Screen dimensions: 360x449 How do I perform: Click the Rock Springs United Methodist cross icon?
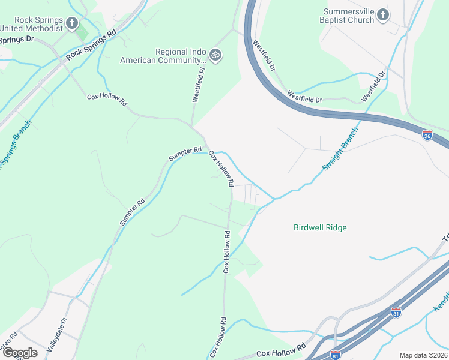pyautogui.click(x=72, y=23)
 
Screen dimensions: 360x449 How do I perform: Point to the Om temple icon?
pyautogui.click(x=215, y=56)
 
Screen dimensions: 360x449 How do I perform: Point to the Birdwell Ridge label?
pyautogui.click(x=320, y=227)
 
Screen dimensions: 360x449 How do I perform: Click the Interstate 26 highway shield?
pyautogui.click(x=427, y=135)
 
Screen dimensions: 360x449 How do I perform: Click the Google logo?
pyautogui.click(x=19, y=353)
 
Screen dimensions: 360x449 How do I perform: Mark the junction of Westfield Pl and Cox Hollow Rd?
pyautogui.click(x=192, y=125)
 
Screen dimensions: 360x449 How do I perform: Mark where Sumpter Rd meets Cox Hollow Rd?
pyautogui.click(x=205, y=146)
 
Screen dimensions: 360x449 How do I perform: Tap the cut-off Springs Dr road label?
pyautogui.click(x=16, y=40)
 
